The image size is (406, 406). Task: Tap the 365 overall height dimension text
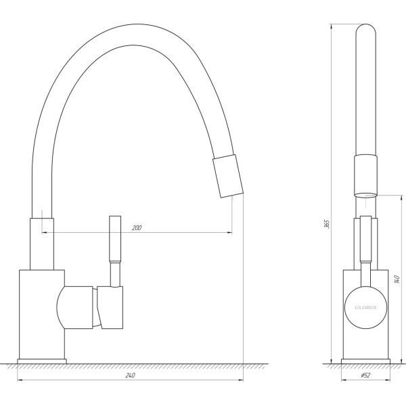point(327,223)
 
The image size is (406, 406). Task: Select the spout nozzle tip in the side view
point(226,175)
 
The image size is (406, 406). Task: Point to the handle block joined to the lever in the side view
point(112,308)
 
